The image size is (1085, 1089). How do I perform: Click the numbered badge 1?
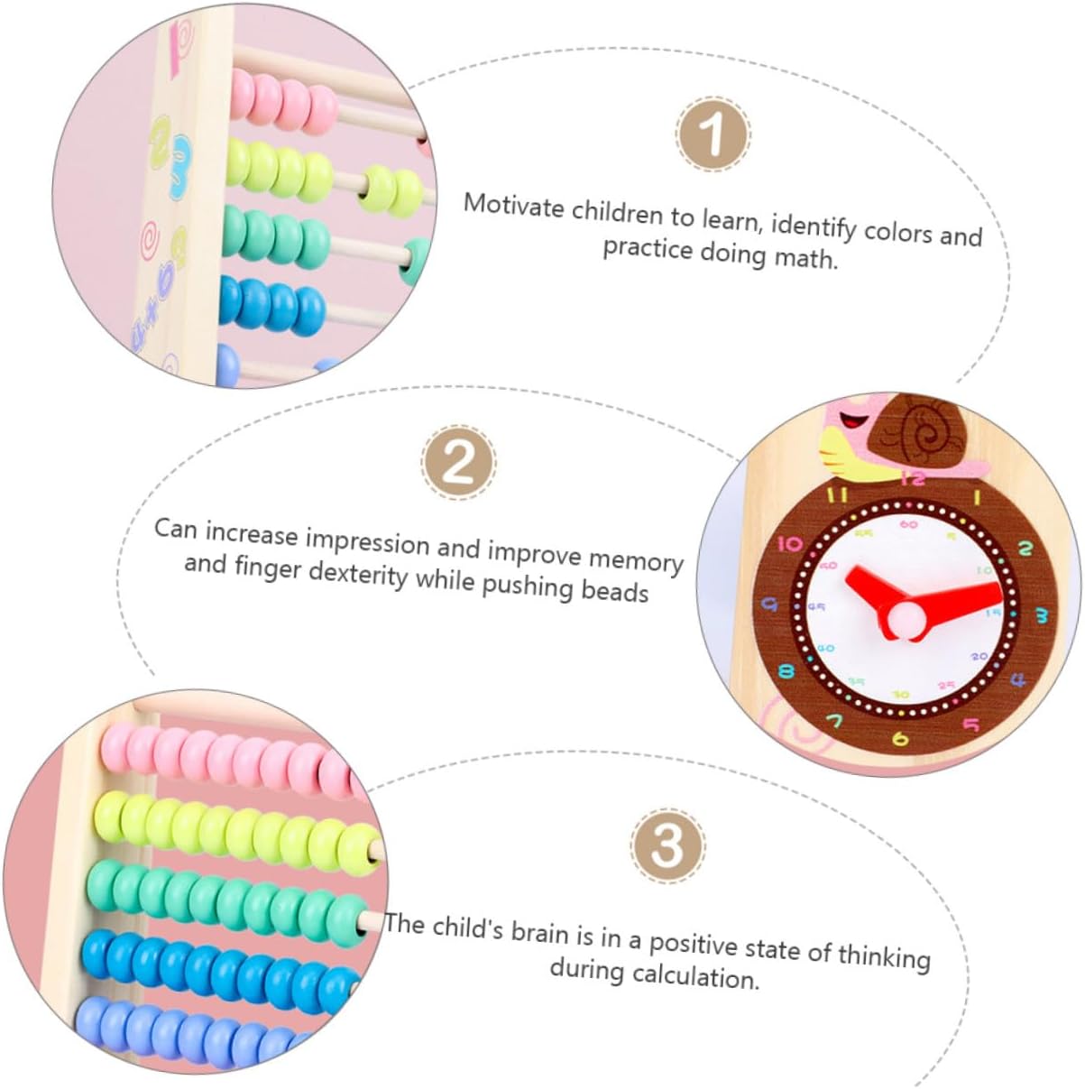point(712,136)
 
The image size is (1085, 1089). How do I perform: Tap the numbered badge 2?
point(459,464)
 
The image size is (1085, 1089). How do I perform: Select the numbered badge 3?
point(667,846)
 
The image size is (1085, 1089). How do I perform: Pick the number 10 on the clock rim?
point(789,544)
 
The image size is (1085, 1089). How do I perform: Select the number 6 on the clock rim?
point(899,739)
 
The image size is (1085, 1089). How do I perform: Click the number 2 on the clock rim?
point(1025,548)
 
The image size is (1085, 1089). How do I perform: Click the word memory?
point(636,561)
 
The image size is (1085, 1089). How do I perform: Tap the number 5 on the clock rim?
point(970,724)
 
